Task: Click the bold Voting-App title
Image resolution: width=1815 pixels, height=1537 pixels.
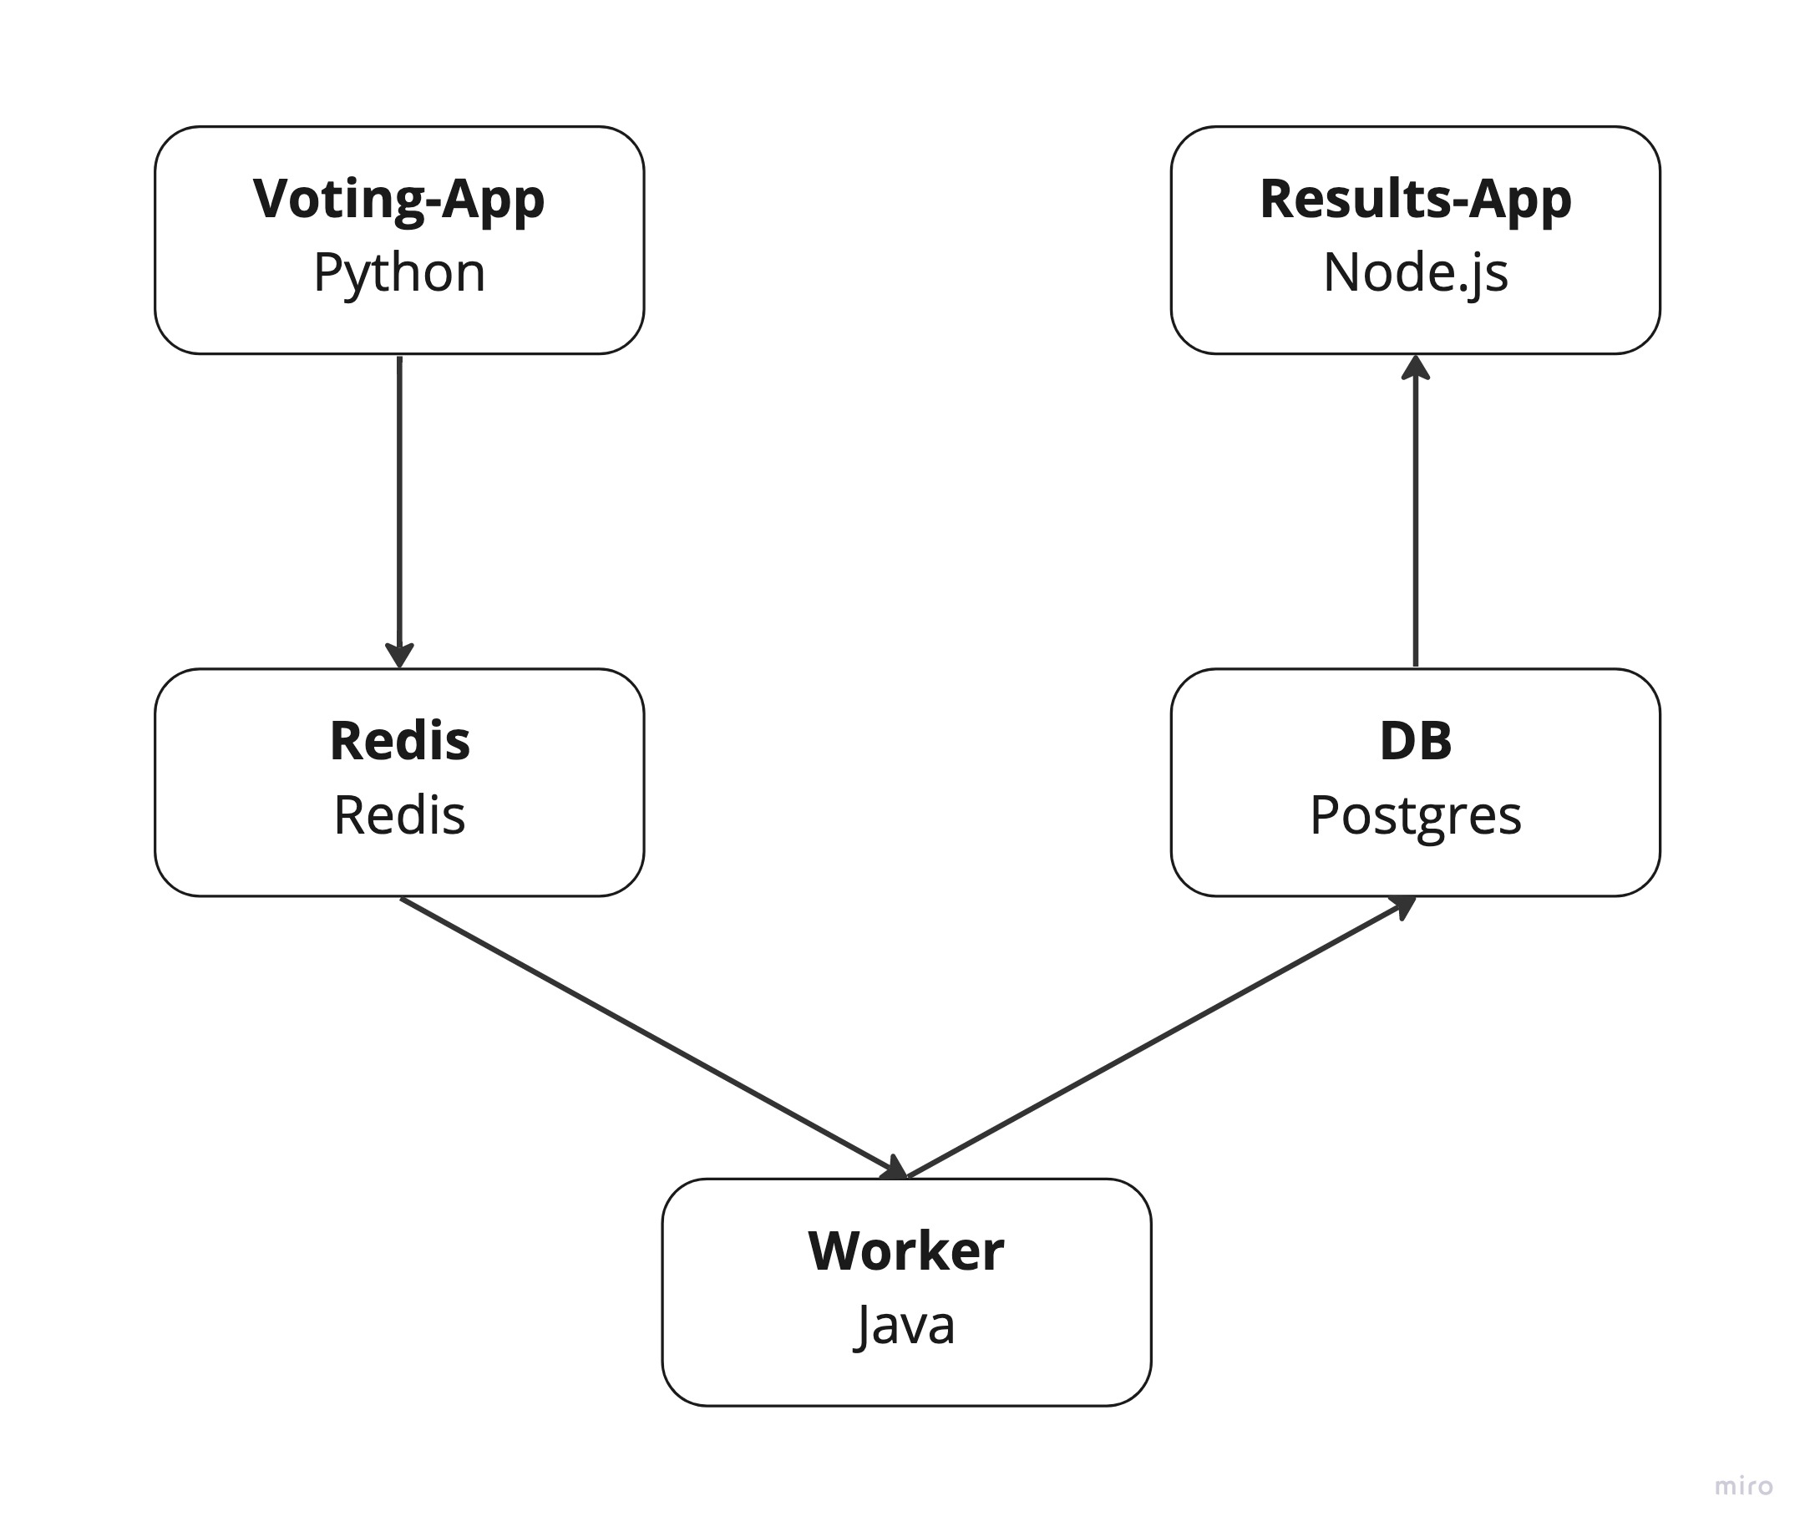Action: coord(399,200)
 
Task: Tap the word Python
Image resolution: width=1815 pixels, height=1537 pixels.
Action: coord(399,272)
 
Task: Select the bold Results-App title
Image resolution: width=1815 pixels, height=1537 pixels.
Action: coord(1415,200)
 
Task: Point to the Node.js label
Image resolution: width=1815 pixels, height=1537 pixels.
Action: coord(1415,272)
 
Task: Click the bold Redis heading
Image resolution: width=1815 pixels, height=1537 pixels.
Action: coord(399,742)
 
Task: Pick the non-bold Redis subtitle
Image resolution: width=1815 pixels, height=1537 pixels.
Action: coord(399,815)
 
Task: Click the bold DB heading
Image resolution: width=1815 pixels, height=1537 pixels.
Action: coord(1415,742)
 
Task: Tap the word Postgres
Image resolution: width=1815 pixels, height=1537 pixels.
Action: coord(1415,815)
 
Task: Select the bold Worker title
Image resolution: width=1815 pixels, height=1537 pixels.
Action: coord(906,1251)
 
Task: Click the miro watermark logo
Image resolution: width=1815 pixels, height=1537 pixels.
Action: coord(1743,1485)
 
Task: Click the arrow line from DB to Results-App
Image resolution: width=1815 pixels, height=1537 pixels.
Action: coord(1415,523)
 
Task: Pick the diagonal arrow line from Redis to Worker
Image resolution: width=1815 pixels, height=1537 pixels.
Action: coord(645,1034)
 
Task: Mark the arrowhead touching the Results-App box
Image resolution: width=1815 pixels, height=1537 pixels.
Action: coord(1415,368)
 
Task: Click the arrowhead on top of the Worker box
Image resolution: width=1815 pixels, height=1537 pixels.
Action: coord(895,1169)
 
